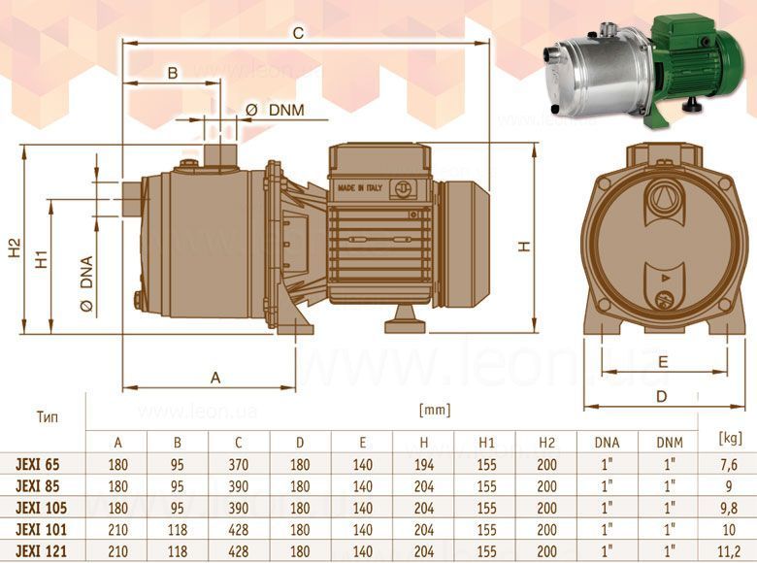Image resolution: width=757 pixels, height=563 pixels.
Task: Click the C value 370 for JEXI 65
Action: click(x=239, y=465)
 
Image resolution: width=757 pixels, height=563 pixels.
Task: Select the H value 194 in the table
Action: click(x=424, y=465)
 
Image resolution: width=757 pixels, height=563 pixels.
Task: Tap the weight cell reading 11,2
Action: click(x=729, y=551)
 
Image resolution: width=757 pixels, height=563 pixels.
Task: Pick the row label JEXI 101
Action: click(x=41, y=530)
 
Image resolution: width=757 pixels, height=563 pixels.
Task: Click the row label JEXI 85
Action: click(x=38, y=486)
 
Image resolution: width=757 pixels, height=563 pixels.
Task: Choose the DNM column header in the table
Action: click(x=670, y=443)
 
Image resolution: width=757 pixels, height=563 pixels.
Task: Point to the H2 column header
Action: click(x=546, y=443)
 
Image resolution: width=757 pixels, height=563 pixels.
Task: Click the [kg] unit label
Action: click(x=730, y=438)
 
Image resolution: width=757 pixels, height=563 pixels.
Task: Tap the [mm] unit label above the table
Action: click(x=435, y=410)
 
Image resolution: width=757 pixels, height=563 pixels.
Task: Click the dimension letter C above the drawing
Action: click(x=298, y=33)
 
